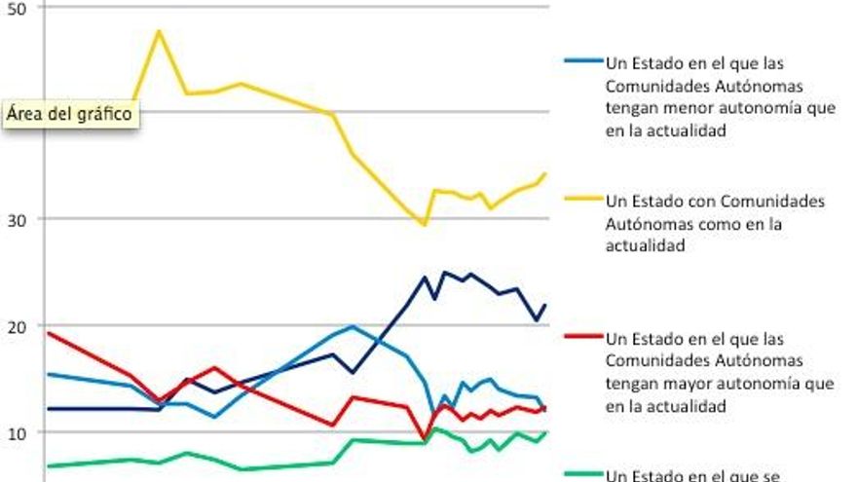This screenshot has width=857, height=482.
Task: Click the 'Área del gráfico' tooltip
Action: point(68,113)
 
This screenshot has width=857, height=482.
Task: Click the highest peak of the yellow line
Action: point(159,31)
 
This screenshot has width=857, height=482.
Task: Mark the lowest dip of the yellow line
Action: point(424,224)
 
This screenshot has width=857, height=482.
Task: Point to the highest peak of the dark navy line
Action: point(445,273)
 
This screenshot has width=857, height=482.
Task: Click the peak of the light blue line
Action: point(352,326)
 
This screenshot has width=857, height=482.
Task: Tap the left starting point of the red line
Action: point(48,333)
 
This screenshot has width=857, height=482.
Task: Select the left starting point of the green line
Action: point(48,466)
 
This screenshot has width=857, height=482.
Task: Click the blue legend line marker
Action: point(583,59)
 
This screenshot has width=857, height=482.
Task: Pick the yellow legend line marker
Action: point(583,200)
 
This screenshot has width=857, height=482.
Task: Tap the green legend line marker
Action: point(583,474)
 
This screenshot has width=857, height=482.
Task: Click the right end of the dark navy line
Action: point(545,305)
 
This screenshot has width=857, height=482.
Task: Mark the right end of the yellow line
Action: point(545,173)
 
